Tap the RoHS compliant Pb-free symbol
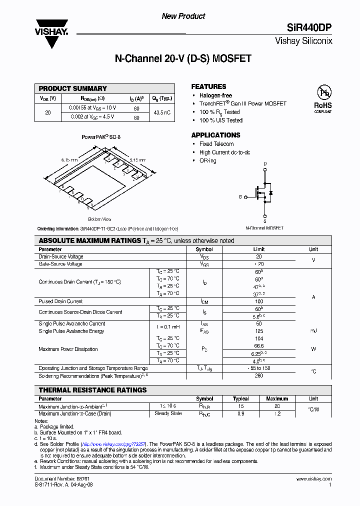pos(322,92)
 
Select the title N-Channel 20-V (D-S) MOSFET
pos(183,58)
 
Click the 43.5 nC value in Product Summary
pos(162,112)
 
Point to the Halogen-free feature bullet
pos(215,95)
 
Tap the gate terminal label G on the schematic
pos(240,197)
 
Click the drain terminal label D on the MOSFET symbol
pos(265,164)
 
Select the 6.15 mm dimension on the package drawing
pos(69,160)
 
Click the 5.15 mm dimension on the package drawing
pos(137,160)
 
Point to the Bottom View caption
pos(99,219)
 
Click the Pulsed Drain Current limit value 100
pos(259,301)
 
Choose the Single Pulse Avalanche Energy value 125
pos(259,331)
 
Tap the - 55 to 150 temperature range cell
pos(259,368)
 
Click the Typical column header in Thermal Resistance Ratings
pos(240,398)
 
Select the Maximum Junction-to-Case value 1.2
pos(277,413)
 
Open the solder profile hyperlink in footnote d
pos(113,444)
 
